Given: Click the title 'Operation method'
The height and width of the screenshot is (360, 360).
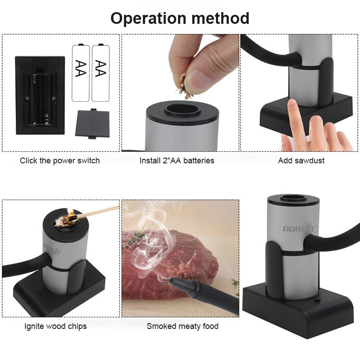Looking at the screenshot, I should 180,18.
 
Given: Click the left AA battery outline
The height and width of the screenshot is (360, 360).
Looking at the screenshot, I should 81,72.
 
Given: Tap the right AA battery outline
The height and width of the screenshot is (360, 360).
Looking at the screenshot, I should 101,72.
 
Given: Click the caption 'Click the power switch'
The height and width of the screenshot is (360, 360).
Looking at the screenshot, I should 60,161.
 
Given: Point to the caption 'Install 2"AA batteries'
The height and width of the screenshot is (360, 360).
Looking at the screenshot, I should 177,161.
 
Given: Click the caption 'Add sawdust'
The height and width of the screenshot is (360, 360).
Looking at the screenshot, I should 301,161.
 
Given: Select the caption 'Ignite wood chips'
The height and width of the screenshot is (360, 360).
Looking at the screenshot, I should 55,326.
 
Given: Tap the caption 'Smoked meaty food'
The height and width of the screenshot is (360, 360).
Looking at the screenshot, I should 183,326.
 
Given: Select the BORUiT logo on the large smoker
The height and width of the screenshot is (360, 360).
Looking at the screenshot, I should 299,228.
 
